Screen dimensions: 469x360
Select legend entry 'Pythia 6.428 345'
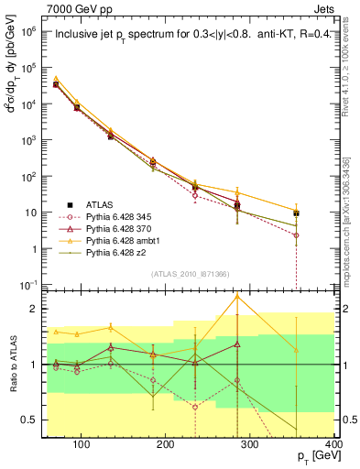115,215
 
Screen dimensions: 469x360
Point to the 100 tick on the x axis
82,444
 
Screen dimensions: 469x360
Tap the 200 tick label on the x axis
166,444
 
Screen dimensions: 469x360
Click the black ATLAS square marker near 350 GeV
322,213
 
